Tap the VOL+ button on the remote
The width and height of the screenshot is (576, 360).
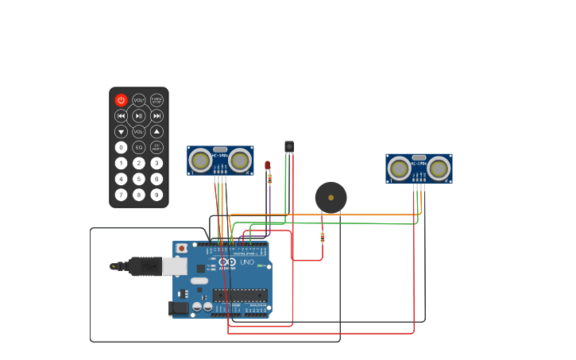tap(139, 100)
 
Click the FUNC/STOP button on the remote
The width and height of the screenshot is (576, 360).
tap(157, 100)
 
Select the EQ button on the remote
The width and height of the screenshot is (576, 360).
tap(139, 147)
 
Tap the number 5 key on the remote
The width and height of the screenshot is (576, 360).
tap(139, 179)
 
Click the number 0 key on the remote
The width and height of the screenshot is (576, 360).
tap(121, 147)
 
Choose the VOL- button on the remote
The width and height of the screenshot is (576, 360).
tap(139, 131)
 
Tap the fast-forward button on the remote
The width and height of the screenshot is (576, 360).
tap(157, 116)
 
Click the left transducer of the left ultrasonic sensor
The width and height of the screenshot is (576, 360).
tap(201, 161)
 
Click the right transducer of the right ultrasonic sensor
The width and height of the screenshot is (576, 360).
tap(439, 168)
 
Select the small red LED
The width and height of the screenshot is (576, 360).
tap(268, 165)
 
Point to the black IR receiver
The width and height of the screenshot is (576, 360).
tap(289, 146)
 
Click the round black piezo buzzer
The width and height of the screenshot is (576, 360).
tap(331, 197)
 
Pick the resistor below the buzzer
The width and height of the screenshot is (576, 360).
tap(322, 236)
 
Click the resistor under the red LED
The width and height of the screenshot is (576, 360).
tap(269, 180)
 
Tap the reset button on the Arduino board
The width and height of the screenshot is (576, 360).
tap(181, 248)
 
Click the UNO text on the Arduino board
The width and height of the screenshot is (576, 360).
tap(247, 262)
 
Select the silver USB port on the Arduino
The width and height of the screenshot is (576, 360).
tap(174, 265)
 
